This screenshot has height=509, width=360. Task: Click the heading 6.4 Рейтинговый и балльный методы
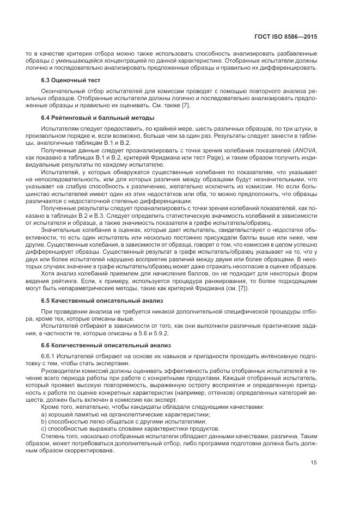point(90,118)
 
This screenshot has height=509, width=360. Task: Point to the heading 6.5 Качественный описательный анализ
point(97,301)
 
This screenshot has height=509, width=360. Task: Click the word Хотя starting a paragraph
point(50,274)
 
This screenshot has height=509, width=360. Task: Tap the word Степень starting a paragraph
point(53,436)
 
